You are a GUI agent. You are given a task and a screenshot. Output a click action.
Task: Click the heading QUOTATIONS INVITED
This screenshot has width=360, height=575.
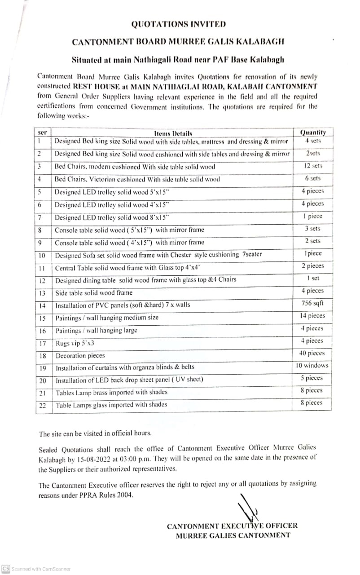click(x=178, y=24)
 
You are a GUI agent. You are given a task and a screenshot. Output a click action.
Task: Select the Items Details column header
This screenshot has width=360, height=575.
click(x=173, y=133)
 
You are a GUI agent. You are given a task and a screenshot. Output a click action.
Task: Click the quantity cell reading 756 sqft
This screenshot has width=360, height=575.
click(x=313, y=303)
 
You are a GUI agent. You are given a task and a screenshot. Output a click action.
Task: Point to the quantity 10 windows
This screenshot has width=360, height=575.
click(x=312, y=365)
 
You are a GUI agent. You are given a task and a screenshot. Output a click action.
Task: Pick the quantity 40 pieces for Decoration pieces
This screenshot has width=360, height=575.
click(x=312, y=353)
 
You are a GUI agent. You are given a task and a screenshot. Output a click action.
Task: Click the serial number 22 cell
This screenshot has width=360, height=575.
click(x=42, y=405)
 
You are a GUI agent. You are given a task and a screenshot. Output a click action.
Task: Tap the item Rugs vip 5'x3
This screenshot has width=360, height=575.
click(x=75, y=343)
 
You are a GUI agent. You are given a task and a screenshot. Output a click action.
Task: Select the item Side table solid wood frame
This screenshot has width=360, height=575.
click(x=94, y=292)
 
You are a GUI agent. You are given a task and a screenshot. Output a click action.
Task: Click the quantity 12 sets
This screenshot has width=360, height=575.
click(x=313, y=166)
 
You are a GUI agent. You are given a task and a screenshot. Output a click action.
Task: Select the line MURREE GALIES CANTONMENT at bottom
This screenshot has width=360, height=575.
click(x=233, y=535)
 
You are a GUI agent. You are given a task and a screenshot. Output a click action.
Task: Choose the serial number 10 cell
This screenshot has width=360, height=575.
click(x=42, y=255)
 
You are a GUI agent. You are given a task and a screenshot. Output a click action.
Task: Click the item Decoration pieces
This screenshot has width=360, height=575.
click(x=80, y=355)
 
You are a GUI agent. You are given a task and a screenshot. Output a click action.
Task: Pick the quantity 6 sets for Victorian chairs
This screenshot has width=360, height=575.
click(x=312, y=178)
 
